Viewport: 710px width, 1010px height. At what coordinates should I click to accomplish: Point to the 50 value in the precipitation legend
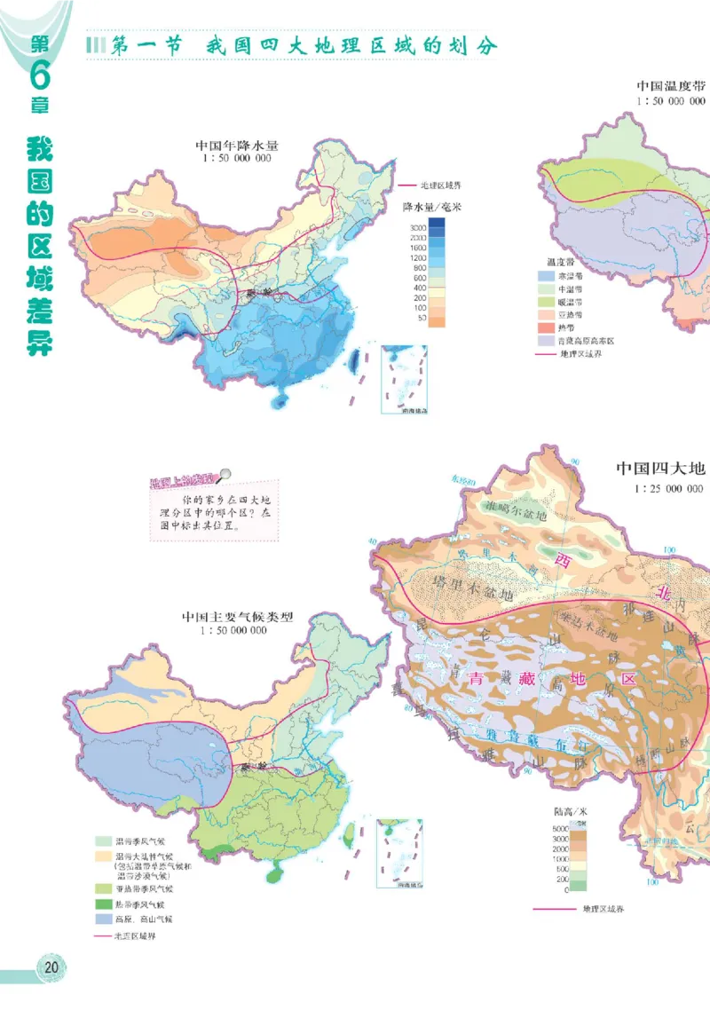[x=422, y=317]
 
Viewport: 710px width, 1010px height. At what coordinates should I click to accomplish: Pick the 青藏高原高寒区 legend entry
[x=585, y=340]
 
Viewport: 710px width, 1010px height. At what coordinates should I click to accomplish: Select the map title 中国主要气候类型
[x=237, y=616]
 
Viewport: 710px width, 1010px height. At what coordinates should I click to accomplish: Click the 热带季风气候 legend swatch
[x=105, y=903]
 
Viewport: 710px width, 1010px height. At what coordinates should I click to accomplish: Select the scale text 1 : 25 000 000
[x=668, y=488]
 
